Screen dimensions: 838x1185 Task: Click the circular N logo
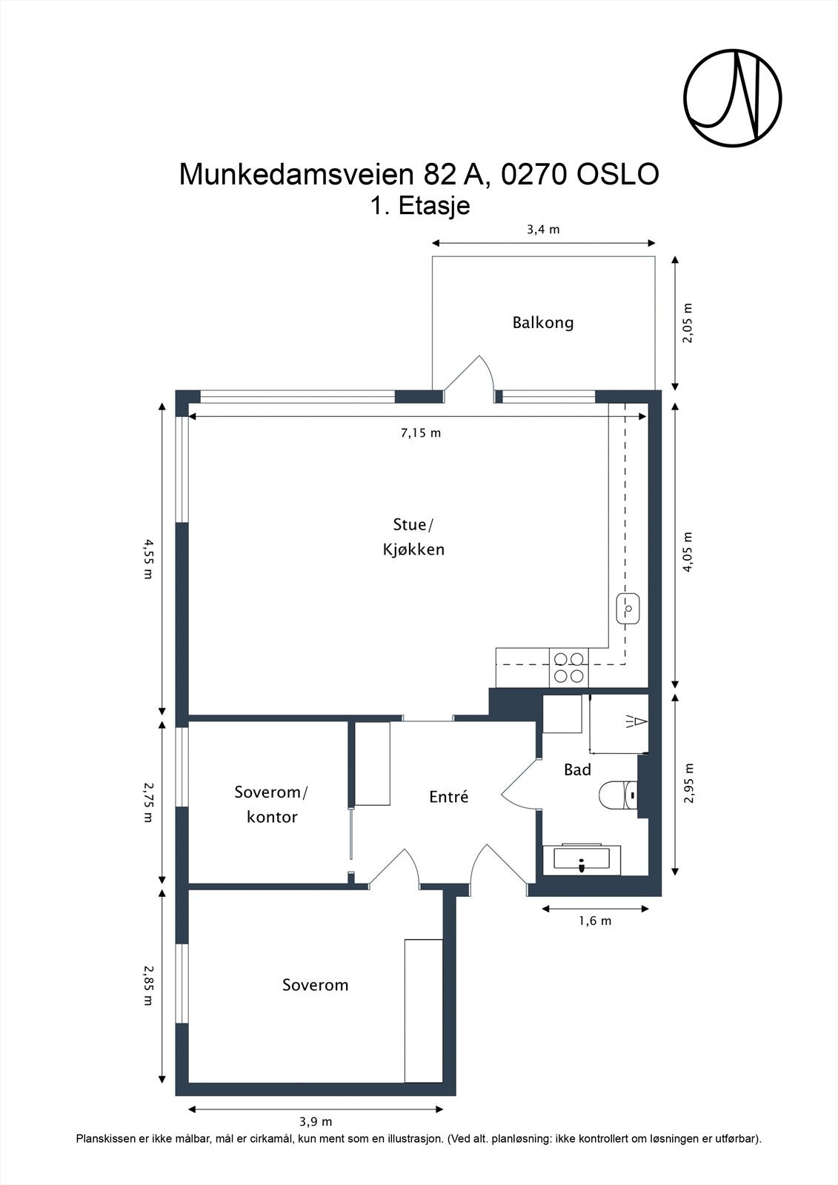click(733, 98)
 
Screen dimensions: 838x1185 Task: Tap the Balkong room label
click(542, 323)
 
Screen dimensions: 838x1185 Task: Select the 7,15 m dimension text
click(421, 433)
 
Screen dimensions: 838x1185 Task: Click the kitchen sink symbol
click(628, 609)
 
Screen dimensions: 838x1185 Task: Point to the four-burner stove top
click(569, 667)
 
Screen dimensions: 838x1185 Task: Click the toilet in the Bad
click(619, 795)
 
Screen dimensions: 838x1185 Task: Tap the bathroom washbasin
click(582, 860)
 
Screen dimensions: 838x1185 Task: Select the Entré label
click(449, 796)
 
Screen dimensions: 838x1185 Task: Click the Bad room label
click(577, 770)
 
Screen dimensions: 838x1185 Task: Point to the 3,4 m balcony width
click(544, 230)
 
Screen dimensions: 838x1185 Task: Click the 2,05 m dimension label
click(687, 323)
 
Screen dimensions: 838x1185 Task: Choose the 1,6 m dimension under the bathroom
click(595, 921)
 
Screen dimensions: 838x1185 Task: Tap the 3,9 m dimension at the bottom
click(316, 1121)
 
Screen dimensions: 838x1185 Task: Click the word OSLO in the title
click(617, 174)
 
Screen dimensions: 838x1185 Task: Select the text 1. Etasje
click(420, 205)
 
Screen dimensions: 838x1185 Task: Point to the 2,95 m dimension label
click(688, 784)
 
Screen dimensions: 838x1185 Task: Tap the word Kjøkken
click(413, 550)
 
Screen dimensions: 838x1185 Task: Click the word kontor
click(272, 817)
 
